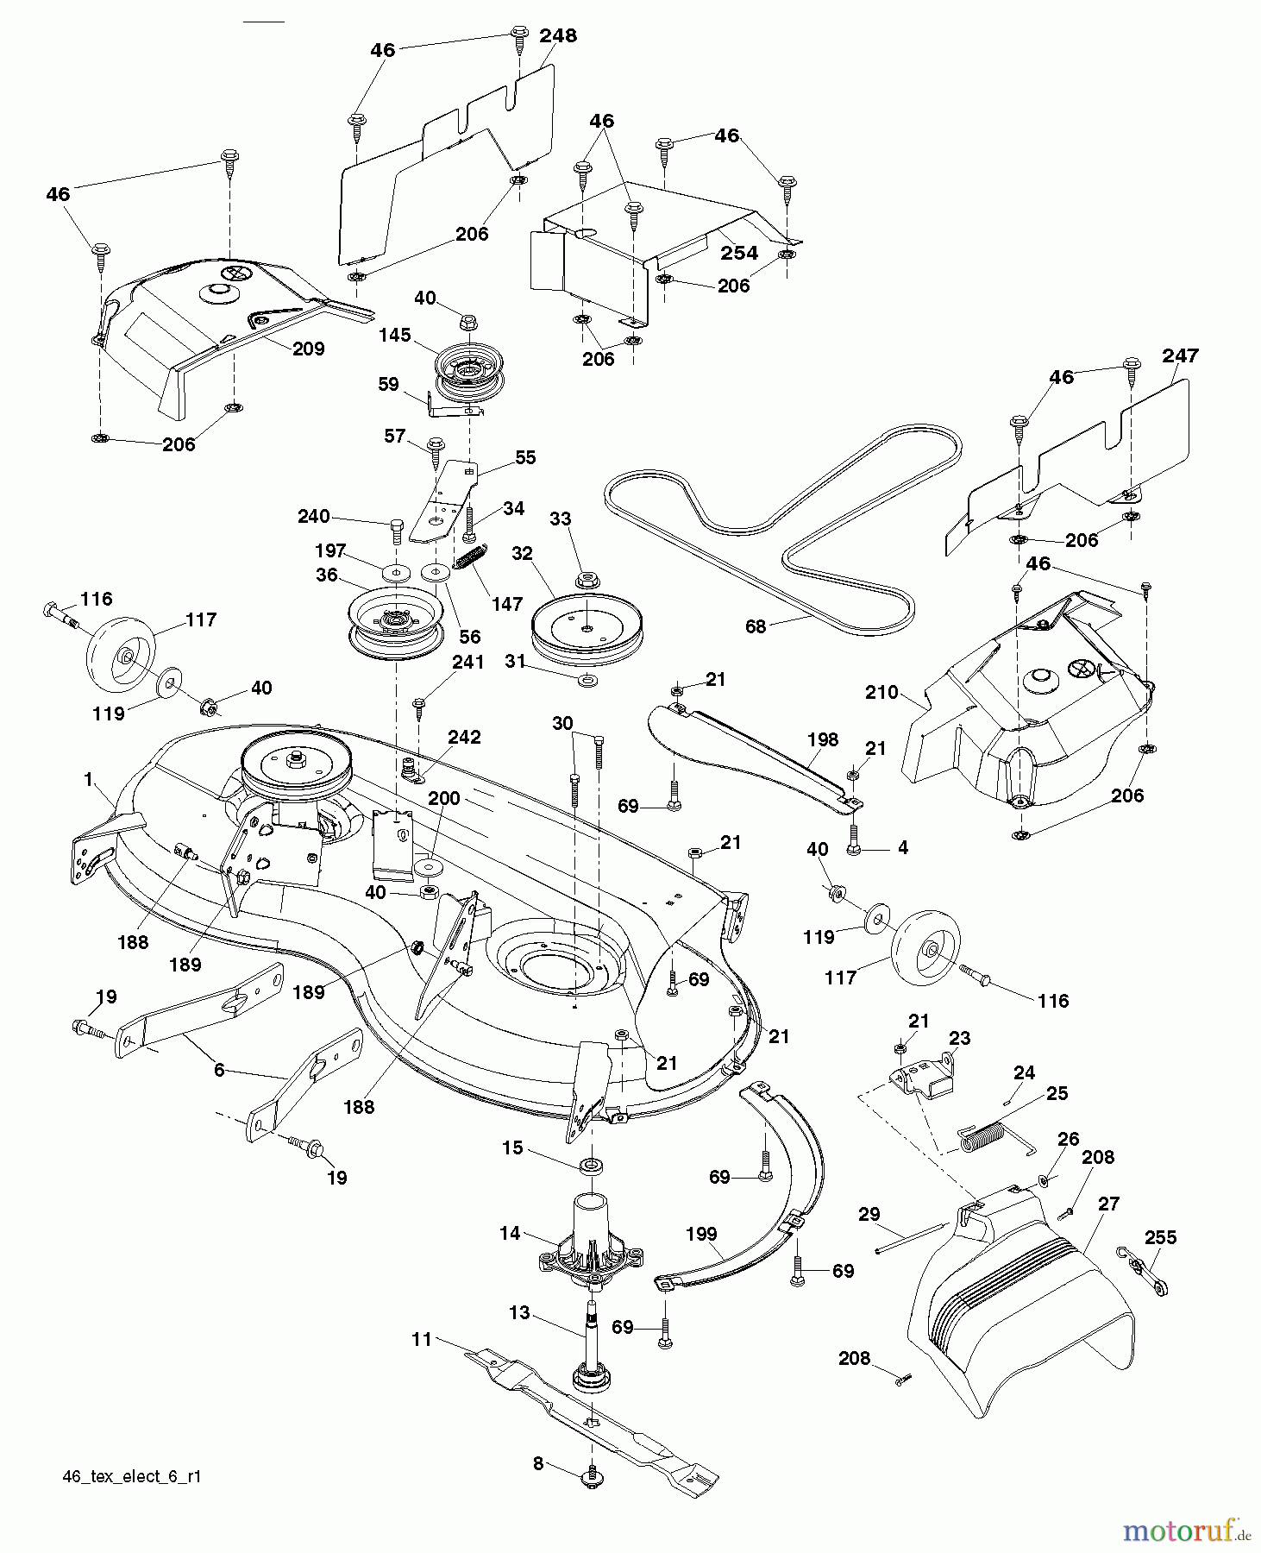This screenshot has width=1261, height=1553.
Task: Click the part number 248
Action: point(558,35)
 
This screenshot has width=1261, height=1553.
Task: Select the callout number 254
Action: point(739,252)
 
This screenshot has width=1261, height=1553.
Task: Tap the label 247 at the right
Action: point(1180,355)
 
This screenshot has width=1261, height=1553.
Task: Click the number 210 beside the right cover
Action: point(881,692)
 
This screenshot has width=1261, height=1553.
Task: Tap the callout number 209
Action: point(308,349)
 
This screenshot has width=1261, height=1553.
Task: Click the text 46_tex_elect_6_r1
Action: point(132,1476)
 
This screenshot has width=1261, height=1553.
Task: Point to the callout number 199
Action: point(701,1234)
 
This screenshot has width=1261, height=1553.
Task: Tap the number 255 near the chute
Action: point(1159,1237)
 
